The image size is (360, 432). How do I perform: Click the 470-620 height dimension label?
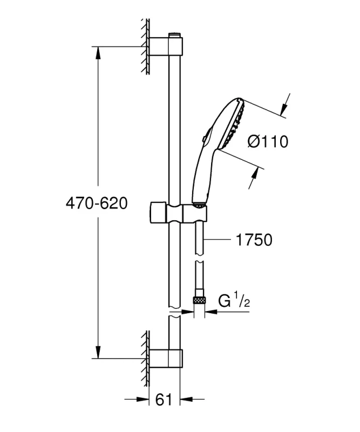tap(96, 204)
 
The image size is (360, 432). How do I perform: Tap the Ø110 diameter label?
tap(268, 142)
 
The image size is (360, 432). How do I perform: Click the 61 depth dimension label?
tap(164, 400)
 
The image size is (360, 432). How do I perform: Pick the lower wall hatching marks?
tap(145, 354)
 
